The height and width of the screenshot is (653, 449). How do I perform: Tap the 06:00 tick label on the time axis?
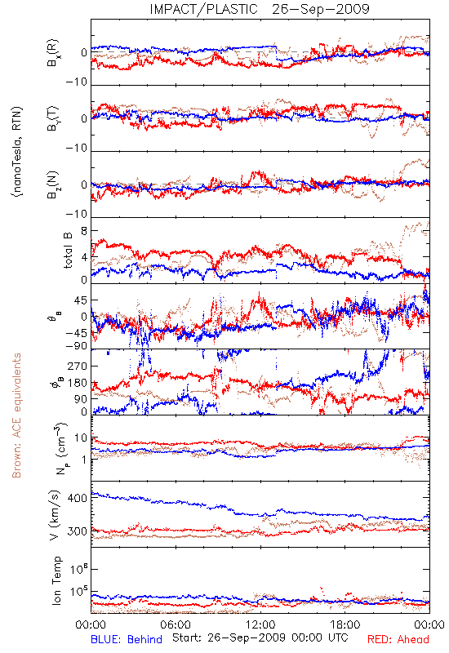tap(176, 624)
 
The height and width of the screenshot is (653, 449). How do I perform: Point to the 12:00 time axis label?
tap(260, 624)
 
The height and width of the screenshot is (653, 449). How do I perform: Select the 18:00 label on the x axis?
tap(345, 624)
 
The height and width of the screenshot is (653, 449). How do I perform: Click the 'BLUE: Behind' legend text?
tap(127, 639)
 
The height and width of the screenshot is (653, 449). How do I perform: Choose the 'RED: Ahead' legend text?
tap(398, 639)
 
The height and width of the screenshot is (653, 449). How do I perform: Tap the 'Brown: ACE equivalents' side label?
tap(16, 415)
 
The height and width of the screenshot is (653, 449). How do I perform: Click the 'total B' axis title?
tap(68, 251)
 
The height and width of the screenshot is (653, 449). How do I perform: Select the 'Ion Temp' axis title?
tap(56, 580)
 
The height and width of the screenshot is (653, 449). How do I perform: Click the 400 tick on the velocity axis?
tap(77, 498)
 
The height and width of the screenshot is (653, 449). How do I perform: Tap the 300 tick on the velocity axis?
tap(77, 531)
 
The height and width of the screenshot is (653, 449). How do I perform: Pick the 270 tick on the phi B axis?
tap(78, 366)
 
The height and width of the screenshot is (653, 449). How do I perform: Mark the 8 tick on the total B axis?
tap(84, 231)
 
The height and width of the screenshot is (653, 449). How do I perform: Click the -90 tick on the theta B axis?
tap(76, 345)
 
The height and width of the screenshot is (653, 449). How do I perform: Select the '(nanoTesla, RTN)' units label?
tap(17, 152)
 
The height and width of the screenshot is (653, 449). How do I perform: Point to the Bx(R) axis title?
tap(53, 53)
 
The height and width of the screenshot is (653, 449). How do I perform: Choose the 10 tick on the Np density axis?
tap(81, 438)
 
